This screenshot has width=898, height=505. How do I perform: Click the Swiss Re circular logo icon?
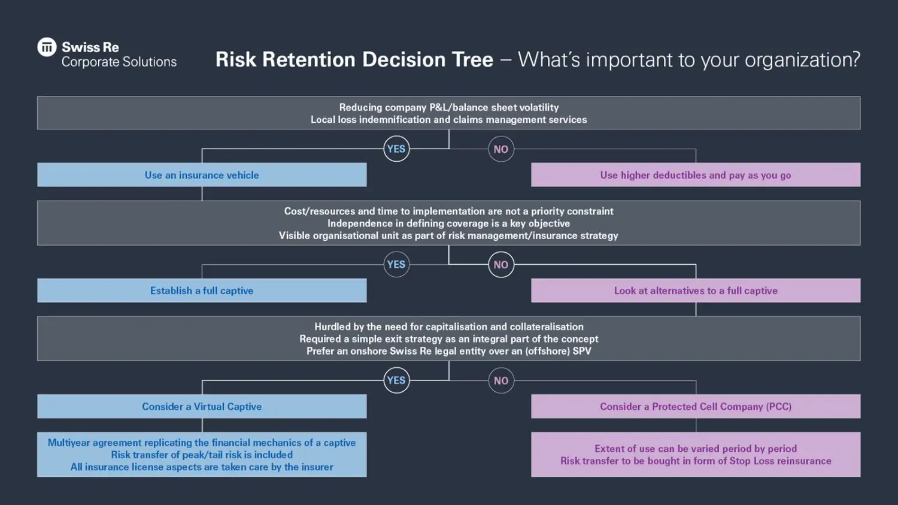[47, 47]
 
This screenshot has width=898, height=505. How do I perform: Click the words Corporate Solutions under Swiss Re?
[119, 62]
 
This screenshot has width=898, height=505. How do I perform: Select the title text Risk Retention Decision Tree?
[354, 59]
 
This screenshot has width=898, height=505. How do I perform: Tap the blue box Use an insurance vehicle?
[202, 175]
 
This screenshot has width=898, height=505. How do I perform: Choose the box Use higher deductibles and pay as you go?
[695, 175]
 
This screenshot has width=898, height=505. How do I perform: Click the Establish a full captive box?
[202, 291]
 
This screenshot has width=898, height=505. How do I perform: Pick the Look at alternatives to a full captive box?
[695, 291]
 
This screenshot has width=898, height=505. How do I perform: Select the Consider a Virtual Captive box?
[202, 406]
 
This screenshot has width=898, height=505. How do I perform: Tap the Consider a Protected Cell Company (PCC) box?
[695, 406]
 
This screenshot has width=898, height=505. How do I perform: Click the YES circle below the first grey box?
[396, 149]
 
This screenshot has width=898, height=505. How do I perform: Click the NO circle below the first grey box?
[501, 149]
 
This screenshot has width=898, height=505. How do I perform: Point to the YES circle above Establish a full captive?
[396, 265]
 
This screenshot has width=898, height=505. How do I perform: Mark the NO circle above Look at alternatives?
[501, 265]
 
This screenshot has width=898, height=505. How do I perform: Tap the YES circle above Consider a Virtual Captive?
[396, 380]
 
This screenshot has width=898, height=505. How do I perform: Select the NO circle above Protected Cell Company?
[501, 380]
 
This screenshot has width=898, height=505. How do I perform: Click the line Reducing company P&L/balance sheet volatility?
[448, 107]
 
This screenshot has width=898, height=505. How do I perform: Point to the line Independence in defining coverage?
[448, 223]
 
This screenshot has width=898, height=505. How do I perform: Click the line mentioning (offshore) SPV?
[448, 351]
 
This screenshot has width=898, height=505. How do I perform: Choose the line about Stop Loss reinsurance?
[695, 461]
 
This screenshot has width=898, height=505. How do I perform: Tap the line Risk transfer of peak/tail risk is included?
[202, 455]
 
